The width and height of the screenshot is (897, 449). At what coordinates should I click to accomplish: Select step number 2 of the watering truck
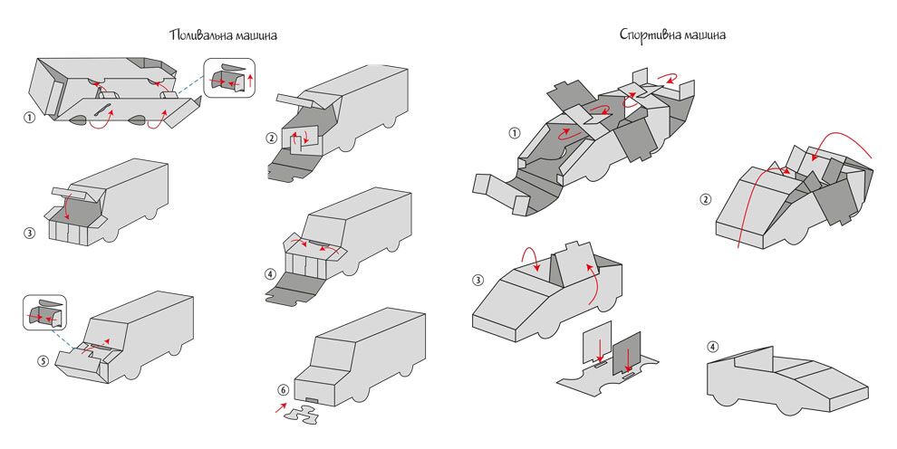(271, 139)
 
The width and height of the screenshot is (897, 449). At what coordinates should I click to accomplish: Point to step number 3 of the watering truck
(30, 233)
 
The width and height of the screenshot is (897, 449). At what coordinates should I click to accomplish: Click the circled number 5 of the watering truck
(43, 360)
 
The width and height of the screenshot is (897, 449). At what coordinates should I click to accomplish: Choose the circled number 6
(284, 390)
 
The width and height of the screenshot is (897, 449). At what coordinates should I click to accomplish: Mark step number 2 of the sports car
(706, 199)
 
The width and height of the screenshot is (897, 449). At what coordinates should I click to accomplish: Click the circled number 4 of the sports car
(713, 347)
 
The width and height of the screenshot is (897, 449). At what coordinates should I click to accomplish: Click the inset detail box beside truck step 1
(230, 79)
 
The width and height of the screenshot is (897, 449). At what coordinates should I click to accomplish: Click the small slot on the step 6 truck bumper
(313, 398)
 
